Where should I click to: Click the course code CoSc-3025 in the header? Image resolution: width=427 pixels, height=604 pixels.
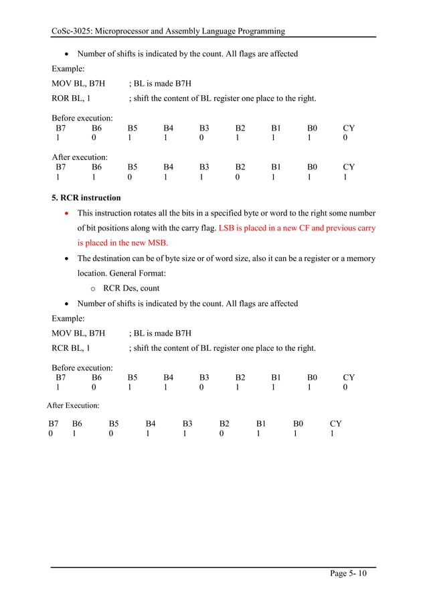pos(73,31)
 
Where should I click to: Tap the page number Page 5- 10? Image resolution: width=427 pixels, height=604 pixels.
pos(348,574)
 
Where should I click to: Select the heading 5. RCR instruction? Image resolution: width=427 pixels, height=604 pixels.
pos(86,198)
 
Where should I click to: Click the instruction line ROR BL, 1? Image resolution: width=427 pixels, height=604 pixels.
pos(72,98)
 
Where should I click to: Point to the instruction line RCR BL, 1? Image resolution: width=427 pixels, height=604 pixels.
pos(72,348)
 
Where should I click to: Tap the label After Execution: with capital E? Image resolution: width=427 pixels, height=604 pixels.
pos(73,406)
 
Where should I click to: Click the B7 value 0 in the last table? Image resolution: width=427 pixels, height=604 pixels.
pos(51,434)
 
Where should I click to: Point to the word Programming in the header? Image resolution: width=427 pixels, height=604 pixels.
pos(260,31)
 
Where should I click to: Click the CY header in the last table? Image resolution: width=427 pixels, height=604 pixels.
pos(336,423)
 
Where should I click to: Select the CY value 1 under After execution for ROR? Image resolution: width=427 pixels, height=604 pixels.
pos(345,179)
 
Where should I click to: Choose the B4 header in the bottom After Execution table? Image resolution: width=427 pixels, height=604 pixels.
pos(151,423)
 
